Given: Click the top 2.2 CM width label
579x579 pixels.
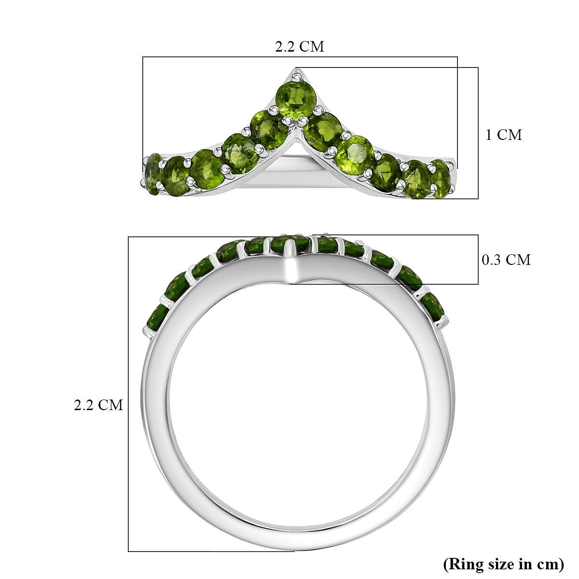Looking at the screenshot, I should tap(299, 46).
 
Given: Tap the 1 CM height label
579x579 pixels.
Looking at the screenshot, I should tap(503, 135).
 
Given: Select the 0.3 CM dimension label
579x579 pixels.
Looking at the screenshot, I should tap(506, 260).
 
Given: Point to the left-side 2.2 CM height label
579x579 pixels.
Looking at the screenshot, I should tap(98, 404).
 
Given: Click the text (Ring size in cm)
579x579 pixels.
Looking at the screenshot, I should tap(503, 563).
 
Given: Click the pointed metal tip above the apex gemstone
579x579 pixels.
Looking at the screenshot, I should tap(295, 74).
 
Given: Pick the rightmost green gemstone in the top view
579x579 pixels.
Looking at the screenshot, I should tap(441, 178).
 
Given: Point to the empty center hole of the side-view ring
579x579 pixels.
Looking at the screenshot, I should tap(297, 400).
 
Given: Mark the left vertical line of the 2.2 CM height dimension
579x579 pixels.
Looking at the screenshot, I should tap(128, 393).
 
